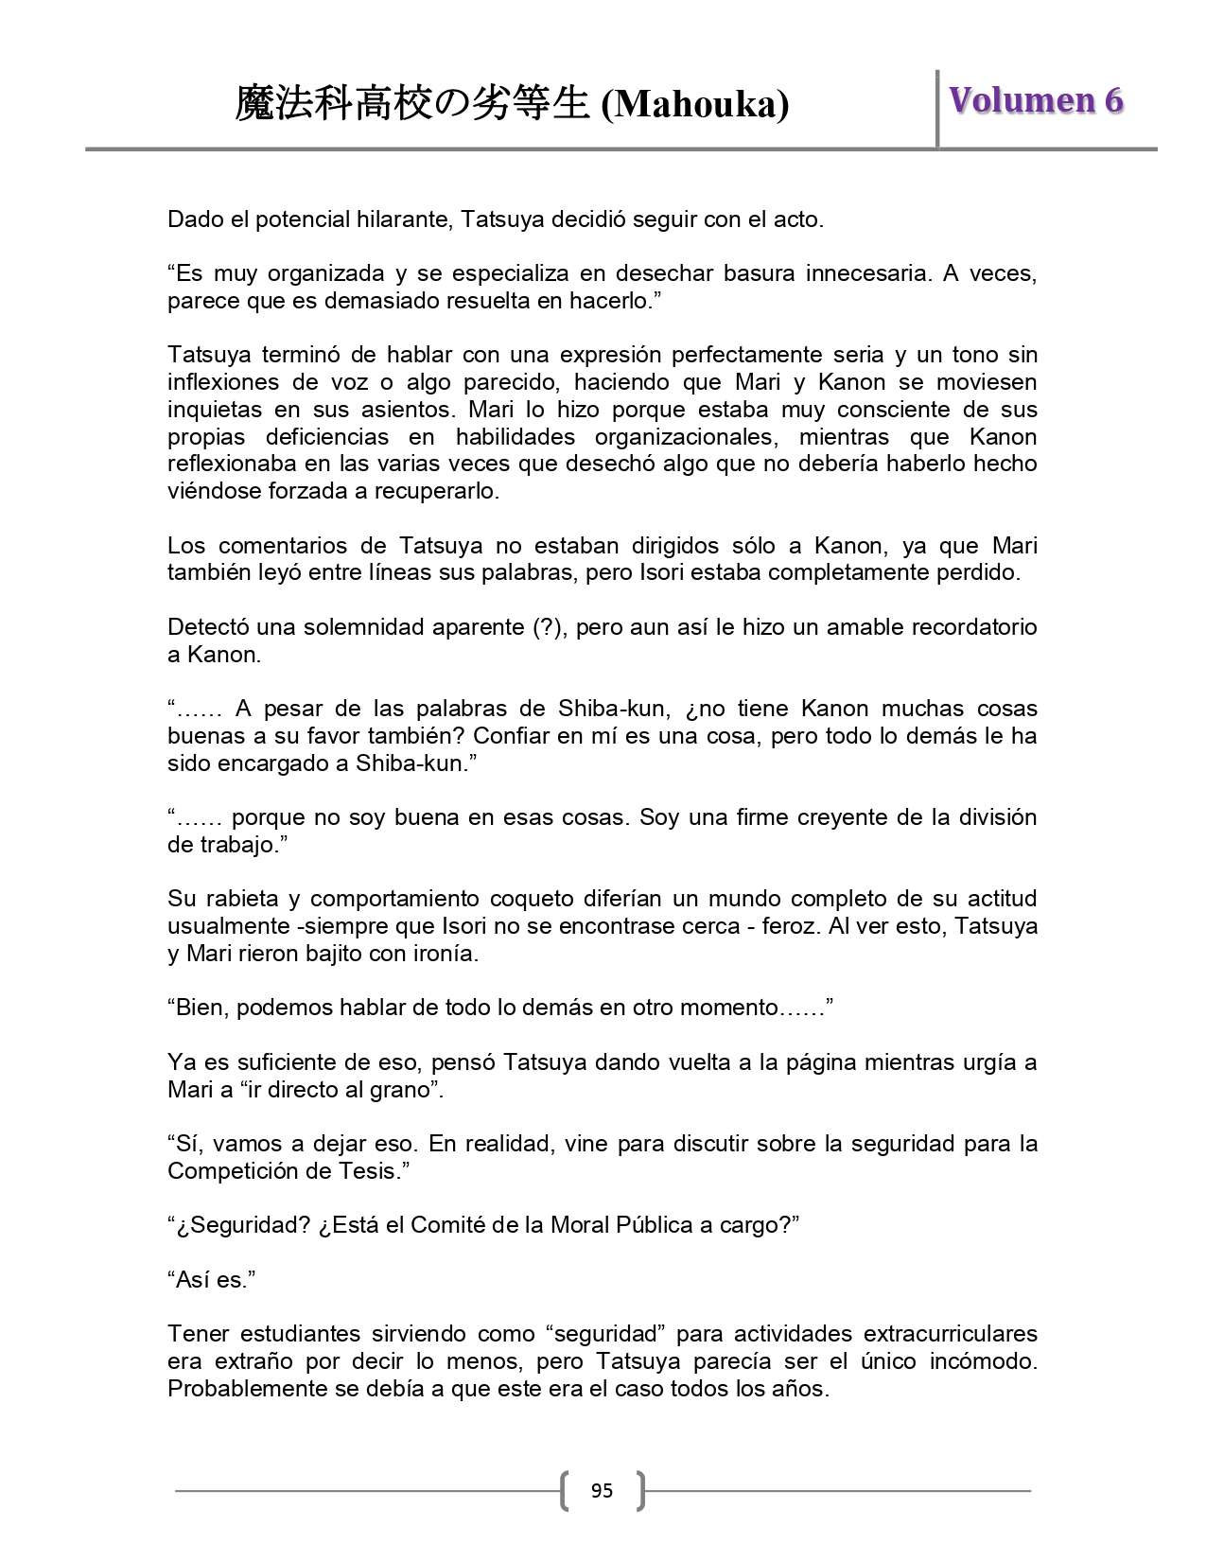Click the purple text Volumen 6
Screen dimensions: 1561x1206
(1036, 100)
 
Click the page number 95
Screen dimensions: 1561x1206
(602, 1491)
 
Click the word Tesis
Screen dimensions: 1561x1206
(367, 1171)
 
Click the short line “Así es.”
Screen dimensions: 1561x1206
(212, 1280)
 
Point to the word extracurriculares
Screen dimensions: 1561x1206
(950, 1334)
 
